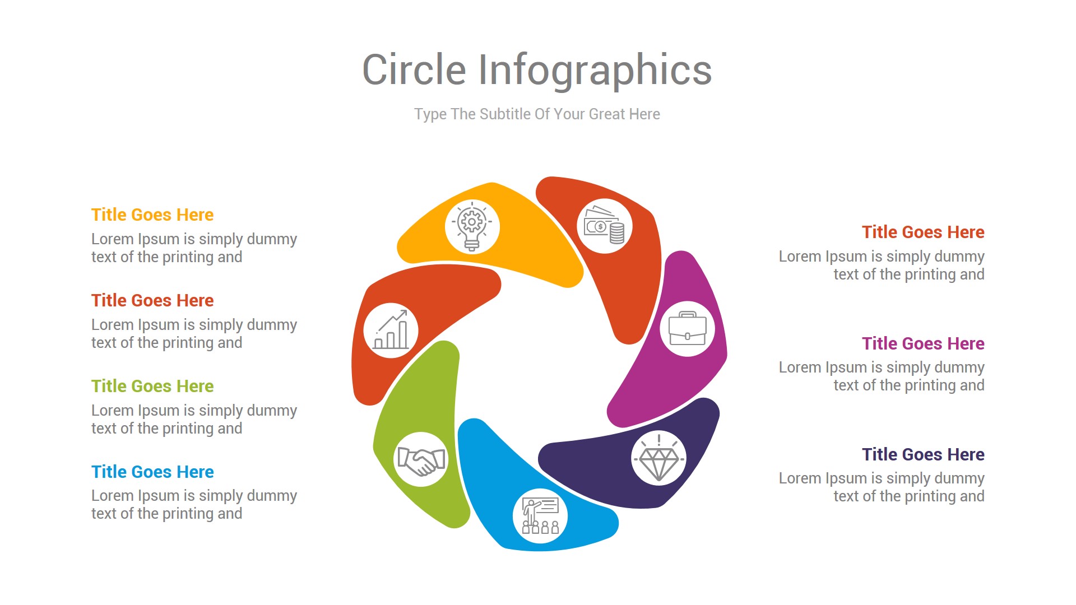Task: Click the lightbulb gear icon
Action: [472, 226]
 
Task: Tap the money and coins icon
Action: [604, 226]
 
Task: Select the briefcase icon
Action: [687, 329]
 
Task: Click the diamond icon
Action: [658, 458]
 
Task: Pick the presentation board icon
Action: [540, 515]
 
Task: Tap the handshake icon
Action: [421, 459]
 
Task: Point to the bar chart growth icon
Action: [391, 331]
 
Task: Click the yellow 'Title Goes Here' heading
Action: [152, 215]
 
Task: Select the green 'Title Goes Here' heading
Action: [152, 386]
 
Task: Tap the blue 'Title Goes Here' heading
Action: [152, 472]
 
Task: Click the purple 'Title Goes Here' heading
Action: [922, 343]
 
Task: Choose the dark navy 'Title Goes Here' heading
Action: [922, 454]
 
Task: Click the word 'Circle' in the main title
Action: [414, 70]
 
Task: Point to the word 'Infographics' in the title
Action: [595, 71]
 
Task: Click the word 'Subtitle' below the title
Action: [505, 114]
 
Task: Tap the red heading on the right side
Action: [922, 232]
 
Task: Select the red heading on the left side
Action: [152, 300]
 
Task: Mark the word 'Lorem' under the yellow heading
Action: [112, 239]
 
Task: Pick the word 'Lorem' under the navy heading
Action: [800, 478]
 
